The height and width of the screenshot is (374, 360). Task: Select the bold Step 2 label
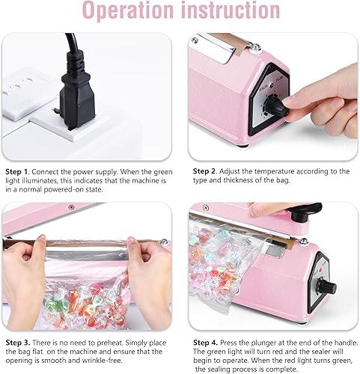pos(205,171)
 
